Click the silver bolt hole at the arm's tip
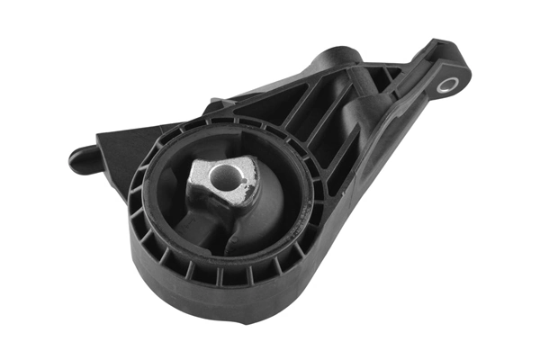[447, 85]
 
